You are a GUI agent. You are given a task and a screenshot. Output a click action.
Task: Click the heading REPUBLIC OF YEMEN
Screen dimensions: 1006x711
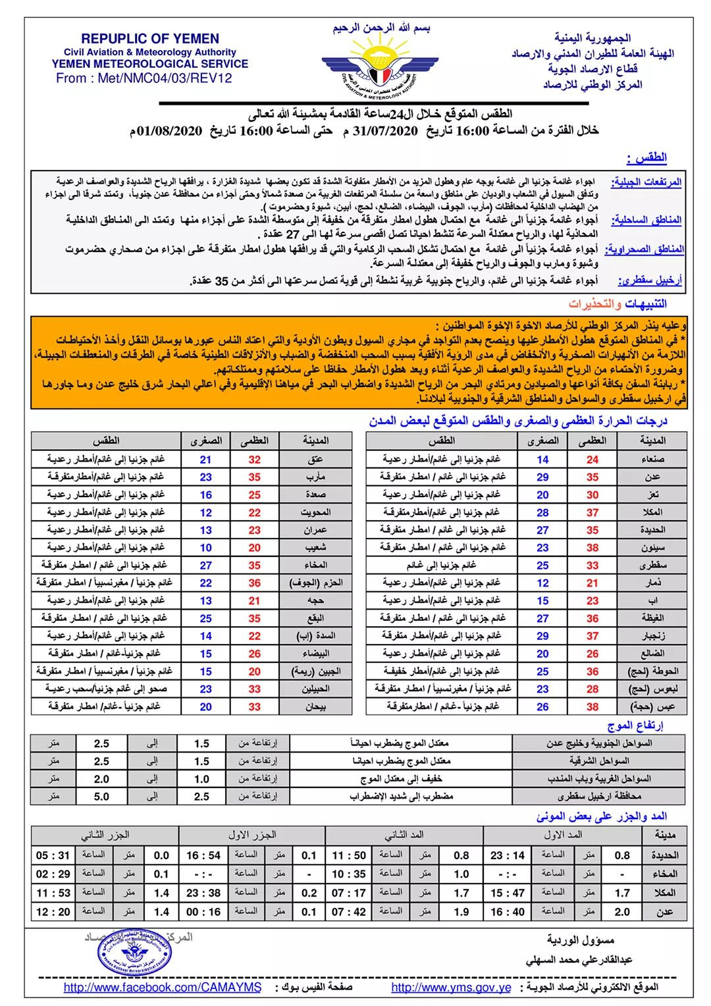tap(150, 39)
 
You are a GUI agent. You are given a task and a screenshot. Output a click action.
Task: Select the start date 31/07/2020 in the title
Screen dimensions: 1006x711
tap(385, 130)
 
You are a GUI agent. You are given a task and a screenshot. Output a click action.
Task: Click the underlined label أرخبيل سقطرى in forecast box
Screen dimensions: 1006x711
tap(650, 281)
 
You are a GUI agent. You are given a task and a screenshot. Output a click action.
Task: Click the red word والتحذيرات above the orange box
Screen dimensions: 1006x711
tap(595, 304)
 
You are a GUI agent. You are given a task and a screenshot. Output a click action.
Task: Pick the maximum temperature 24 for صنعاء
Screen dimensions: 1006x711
tap(592, 460)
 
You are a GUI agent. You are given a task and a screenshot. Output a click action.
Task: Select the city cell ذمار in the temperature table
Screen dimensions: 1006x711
tap(653, 583)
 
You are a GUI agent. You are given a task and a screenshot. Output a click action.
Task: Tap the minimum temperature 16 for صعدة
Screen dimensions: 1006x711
tap(206, 494)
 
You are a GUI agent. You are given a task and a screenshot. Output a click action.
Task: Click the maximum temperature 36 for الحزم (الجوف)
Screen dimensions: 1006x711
tap(255, 583)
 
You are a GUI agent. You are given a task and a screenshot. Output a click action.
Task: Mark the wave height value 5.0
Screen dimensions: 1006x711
tap(101, 797)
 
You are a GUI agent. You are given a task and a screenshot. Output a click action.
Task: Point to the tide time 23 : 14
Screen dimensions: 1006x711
tap(507, 855)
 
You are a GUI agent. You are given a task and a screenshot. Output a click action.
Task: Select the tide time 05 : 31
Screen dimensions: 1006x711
tap(53, 855)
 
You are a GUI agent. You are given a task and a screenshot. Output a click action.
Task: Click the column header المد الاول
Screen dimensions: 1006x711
tap(563, 835)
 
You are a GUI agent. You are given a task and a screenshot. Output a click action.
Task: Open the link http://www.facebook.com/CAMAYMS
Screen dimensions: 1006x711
tap(163, 988)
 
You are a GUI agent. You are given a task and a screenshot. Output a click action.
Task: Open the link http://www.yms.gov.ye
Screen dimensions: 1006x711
tap(451, 988)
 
